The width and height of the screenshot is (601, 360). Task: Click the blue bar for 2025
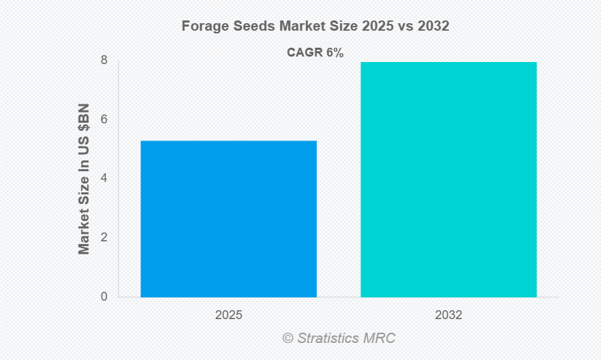pos(228,218)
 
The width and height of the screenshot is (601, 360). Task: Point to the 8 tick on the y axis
pos(104,60)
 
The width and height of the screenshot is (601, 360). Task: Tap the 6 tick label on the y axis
pos(104,119)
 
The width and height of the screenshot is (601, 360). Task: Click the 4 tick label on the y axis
pos(104,179)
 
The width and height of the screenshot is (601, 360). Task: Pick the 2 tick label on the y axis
pos(104,237)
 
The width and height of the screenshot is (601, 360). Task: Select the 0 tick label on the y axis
pos(104,297)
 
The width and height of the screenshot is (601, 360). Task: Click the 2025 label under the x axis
pos(228,316)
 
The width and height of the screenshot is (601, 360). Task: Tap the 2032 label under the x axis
pos(448,316)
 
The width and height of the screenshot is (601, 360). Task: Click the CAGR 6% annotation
pos(314,52)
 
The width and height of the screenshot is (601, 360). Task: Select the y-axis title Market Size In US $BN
pos(84,179)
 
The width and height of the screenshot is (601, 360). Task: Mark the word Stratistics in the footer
pos(329,338)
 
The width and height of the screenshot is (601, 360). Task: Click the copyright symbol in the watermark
pos(288,338)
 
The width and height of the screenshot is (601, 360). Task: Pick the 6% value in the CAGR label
pos(334,52)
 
